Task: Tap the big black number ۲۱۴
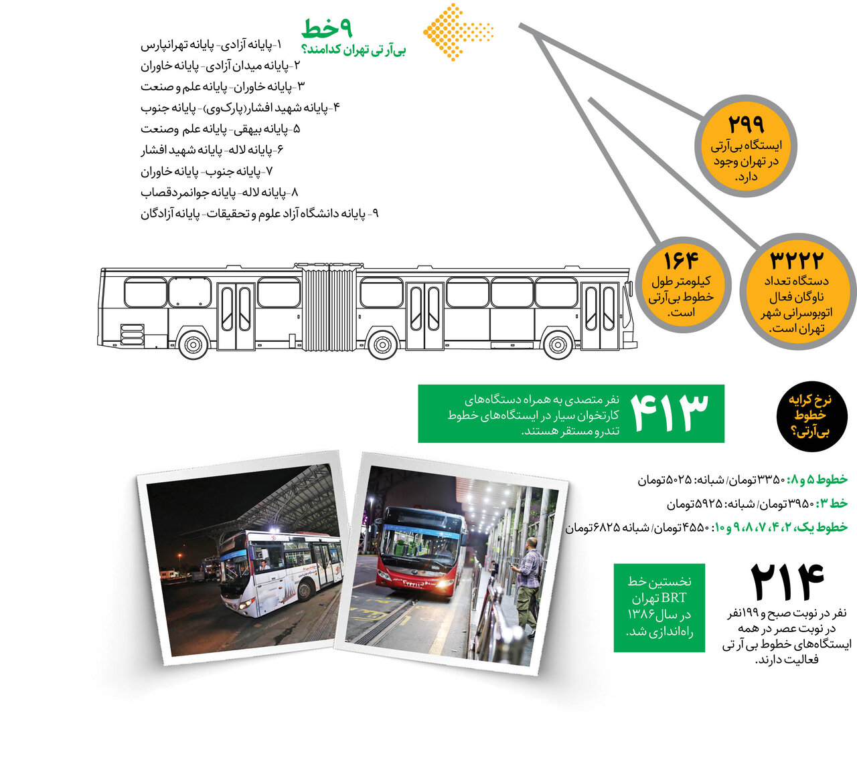(786, 583)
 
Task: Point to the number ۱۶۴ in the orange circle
(680, 260)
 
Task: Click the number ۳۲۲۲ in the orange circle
(797, 260)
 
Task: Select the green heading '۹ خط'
(327, 28)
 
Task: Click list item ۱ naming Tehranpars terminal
(212, 45)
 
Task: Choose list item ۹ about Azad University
(260, 213)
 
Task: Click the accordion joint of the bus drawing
(328, 308)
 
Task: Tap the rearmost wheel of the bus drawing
(193, 345)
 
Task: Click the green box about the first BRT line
(659, 607)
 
